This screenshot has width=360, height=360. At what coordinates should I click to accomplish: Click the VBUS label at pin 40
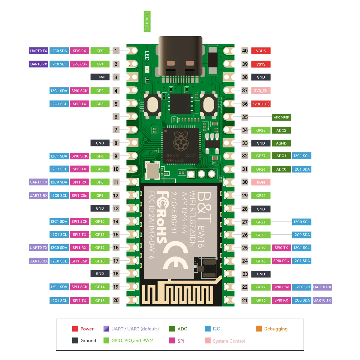pos(261,51)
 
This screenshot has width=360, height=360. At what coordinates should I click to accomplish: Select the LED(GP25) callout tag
pos(147,22)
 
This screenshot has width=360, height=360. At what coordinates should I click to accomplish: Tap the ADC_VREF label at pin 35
pos(281,117)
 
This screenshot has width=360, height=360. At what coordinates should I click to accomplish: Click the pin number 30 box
pos(245,182)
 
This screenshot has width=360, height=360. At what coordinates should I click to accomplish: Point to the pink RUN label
pos(261,182)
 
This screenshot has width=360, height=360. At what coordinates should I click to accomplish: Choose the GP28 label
pos(261,130)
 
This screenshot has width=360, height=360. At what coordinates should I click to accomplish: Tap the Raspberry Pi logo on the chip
pos(181,141)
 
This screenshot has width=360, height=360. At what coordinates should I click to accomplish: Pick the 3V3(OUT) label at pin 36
pos(261,104)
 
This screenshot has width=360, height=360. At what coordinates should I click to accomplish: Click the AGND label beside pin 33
pos(281,143)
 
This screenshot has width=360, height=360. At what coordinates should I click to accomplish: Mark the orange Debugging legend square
pos(259,329)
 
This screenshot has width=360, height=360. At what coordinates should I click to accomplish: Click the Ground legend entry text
pos(88,341)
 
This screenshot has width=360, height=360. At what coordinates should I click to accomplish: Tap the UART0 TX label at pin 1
pos(39,51)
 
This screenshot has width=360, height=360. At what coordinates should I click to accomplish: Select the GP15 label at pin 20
pos(100,301)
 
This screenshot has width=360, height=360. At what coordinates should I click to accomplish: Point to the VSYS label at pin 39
pos(261,64)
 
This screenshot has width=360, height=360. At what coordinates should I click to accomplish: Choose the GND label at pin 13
pos(100,208)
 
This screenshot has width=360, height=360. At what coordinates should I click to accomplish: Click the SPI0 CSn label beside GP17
pos(281,287)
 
